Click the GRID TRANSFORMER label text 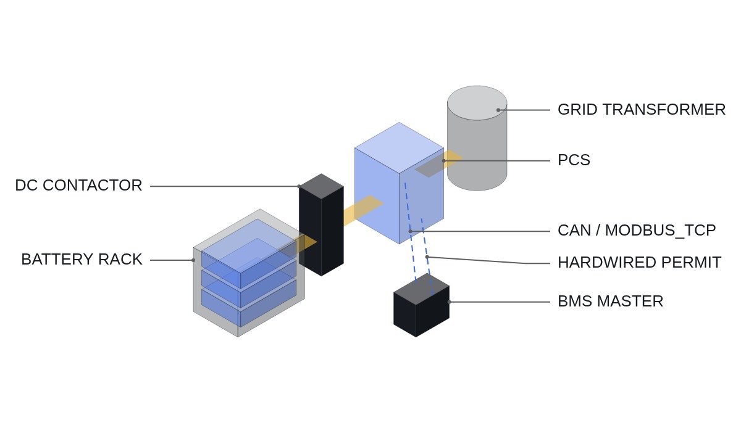[642, 110]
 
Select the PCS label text [574, 160]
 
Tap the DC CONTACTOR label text [79, 185]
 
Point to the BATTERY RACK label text [82, 259]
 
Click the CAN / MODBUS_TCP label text [637, 231]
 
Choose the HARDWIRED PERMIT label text [640, 263]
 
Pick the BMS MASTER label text [610, 302]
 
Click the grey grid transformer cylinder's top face [477, 103]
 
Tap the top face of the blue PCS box [399, 147]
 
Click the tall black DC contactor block [321, 224]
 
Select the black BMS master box [421, 305]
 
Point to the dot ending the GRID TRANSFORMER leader [498, 110]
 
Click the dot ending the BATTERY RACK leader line [193, 260]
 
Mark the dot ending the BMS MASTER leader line [450, 302]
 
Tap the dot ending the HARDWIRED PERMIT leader [427, 257]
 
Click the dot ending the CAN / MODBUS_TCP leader [410, 231]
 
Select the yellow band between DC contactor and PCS [363, 210]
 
